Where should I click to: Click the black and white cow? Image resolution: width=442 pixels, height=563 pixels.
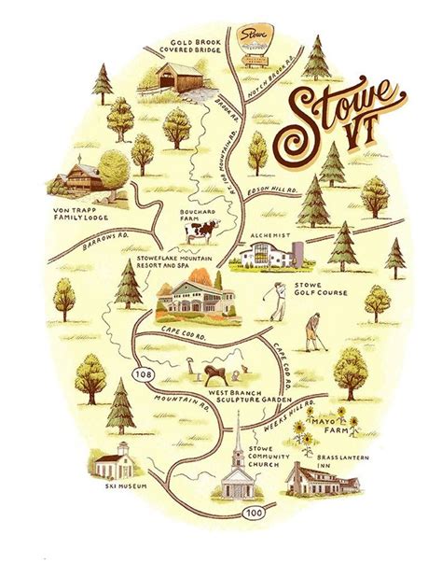[x=199, y=231]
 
